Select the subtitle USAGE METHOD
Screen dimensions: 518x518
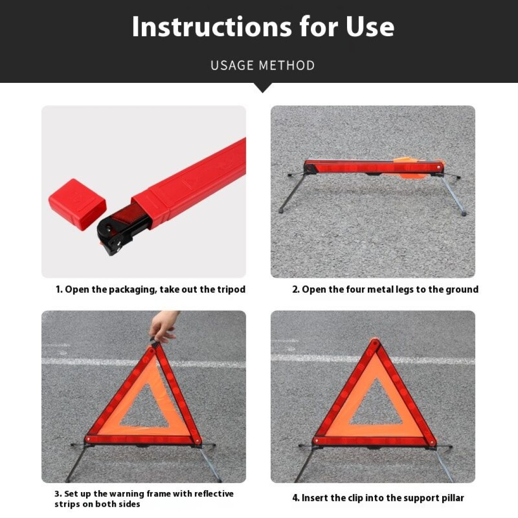coord(263,65)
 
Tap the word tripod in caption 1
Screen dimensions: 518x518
coord(231,290)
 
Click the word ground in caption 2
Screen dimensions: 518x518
coord(462,290)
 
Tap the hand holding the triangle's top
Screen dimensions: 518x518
coord(163,325)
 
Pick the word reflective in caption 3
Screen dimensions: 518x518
coord(214,494)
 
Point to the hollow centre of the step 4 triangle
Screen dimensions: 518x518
coord(376,408)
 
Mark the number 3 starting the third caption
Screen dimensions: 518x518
coord(57,494)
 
